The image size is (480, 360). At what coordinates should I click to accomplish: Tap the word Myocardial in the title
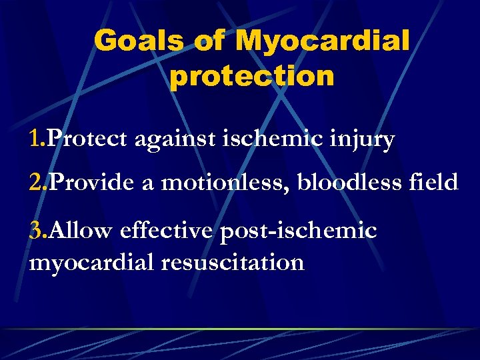point(323,41)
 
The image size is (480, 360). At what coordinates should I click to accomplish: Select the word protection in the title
point(251,77)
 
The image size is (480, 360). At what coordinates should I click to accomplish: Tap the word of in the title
point(210,41)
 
